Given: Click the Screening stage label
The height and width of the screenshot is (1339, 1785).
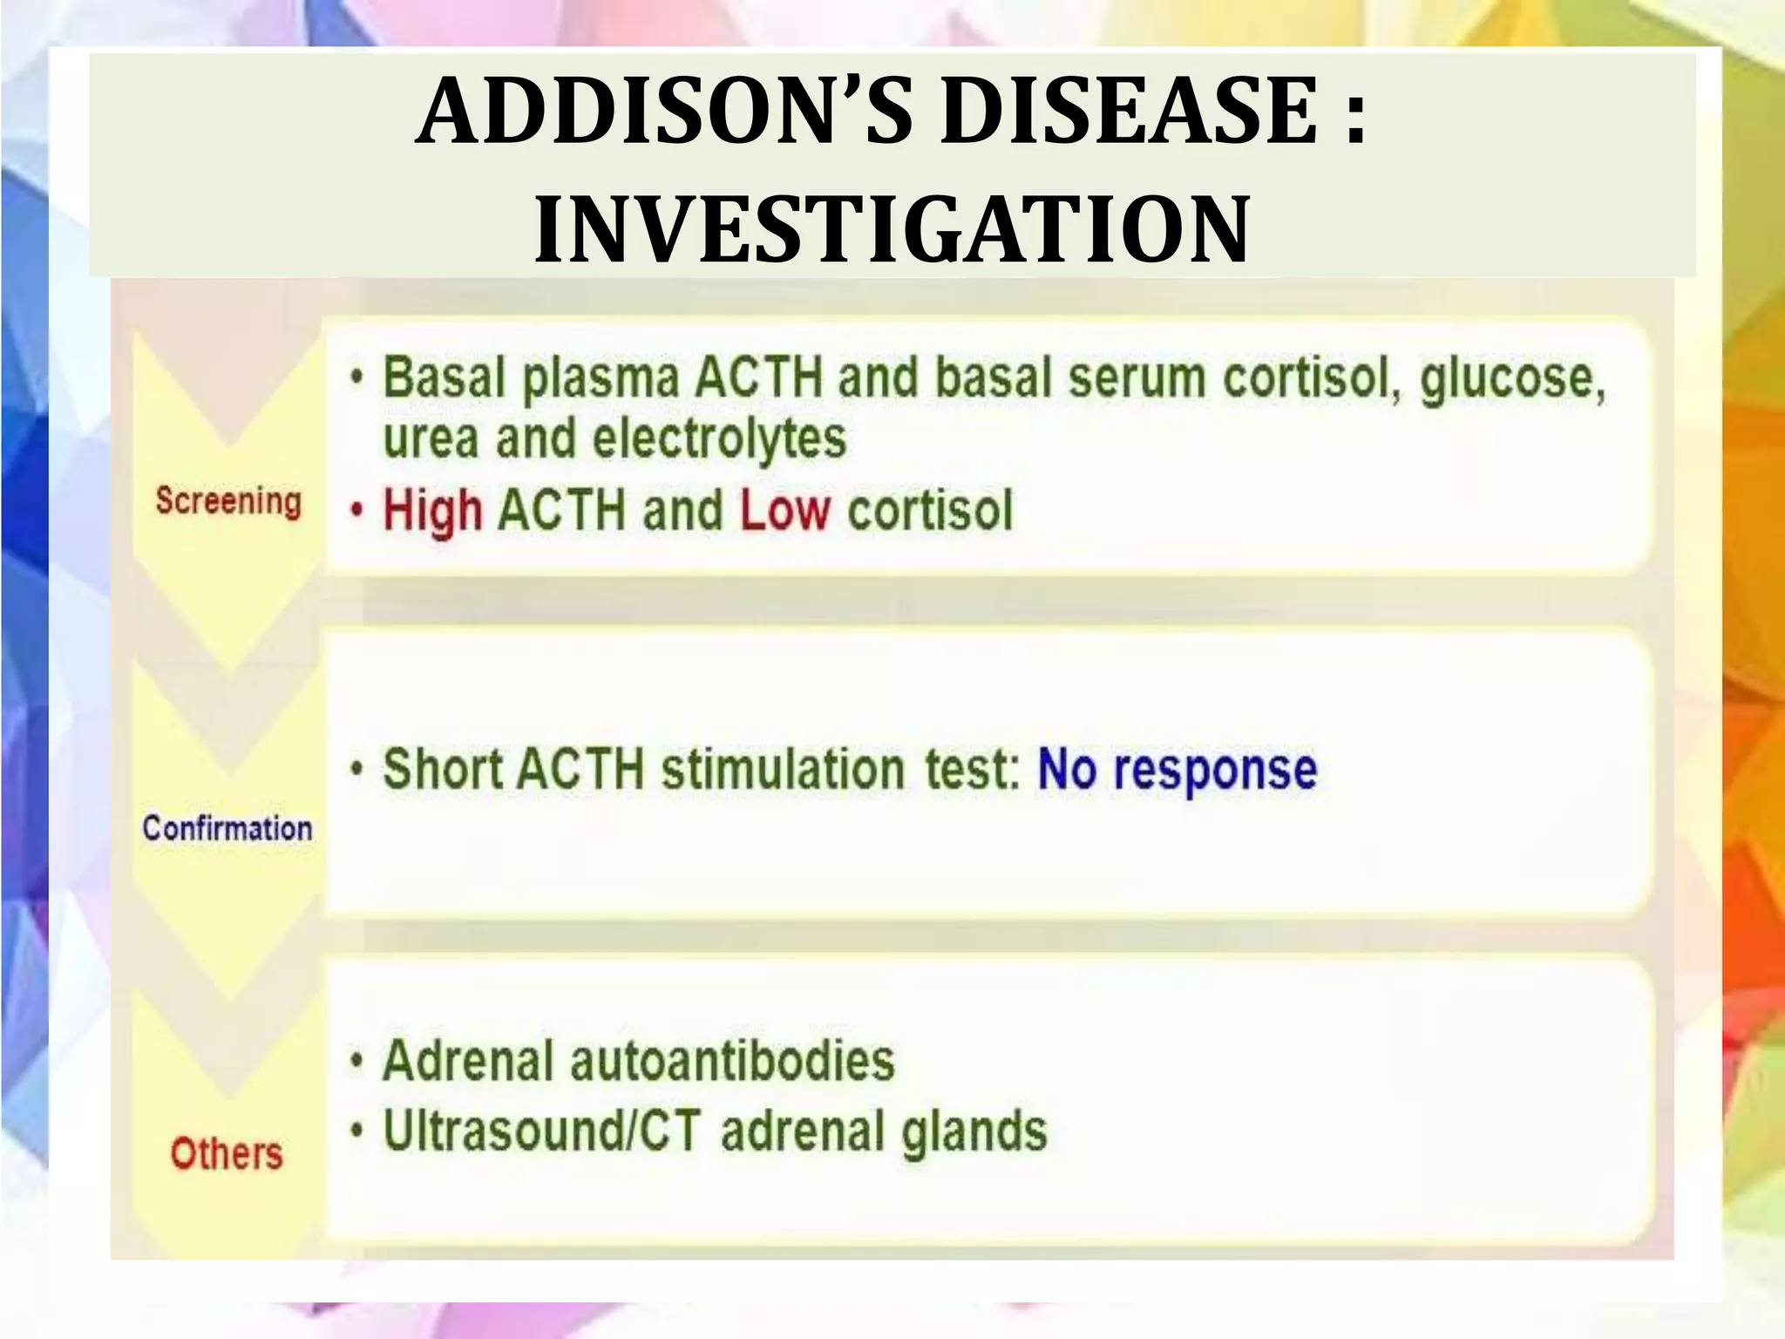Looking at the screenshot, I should tap(228, 502).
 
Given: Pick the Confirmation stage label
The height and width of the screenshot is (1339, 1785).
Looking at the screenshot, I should tap(227, 828).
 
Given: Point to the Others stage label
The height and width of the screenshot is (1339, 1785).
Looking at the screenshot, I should tap(227, 1153).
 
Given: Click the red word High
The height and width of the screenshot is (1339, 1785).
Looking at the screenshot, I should tap(433, 511).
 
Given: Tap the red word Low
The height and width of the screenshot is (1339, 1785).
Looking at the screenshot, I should tap(784, 511).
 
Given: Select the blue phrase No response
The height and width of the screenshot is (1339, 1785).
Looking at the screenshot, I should tap(1177, 770).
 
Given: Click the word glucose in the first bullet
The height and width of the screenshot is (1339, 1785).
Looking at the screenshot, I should tap(1512, 380).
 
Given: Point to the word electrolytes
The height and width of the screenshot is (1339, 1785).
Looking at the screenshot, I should tap(719, 438).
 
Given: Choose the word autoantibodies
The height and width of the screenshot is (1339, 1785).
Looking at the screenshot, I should tap(732, 1061).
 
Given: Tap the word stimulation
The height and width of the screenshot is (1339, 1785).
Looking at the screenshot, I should tap(783, 770).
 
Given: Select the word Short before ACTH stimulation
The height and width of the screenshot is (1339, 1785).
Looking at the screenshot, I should tap(443, 770).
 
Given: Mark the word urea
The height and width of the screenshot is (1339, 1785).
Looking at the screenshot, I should tap(431, 438).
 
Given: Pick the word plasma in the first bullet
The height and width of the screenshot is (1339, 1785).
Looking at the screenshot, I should tap(601, 380).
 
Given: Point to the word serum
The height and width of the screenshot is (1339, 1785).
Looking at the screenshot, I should tap(1137, 380).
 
